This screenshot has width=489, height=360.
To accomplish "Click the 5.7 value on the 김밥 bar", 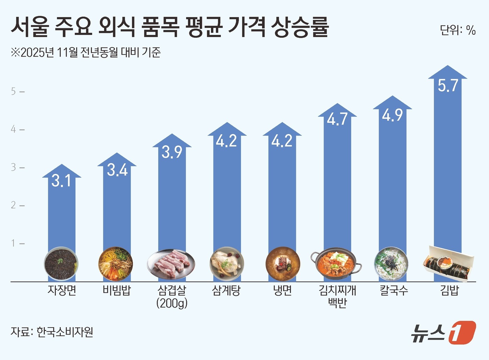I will click(x=448, y=86).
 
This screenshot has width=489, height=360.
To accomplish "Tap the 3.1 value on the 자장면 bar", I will click(x=61, y=181).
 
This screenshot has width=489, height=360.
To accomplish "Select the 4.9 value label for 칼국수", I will click(x=392, y=115).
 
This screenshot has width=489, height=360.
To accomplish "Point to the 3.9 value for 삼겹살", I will click(x=172, y=152).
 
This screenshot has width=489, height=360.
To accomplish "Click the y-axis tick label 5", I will click(x=14, y=91).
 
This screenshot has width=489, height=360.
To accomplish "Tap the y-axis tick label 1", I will click(x=14, y=243).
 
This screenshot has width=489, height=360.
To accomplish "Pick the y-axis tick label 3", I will click(x=14, y=167).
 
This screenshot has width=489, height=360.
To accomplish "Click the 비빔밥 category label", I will click(x=117, y=291).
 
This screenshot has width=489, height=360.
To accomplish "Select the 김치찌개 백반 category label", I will click(x=337, y=296).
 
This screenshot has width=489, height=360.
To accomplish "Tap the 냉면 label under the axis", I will click(x=282, y=291).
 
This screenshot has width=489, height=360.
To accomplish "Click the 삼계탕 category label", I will click(x=227, y=291).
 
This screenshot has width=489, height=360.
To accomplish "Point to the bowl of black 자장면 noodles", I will click(x=61, y=264).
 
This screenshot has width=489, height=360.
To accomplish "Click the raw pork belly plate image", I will click(x=171, y=264).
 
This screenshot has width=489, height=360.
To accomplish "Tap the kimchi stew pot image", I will click(x=336, y=264).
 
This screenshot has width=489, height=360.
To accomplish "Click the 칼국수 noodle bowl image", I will click(x=391, y=264).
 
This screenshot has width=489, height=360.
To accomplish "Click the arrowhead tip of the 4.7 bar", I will click(x=337, y=105).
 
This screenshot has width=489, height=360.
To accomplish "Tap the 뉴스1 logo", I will click(x=443, y=332).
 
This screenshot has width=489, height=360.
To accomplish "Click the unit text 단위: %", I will click(x=458, y=30).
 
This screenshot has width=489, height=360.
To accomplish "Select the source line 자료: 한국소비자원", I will click(x=52, y=332).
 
